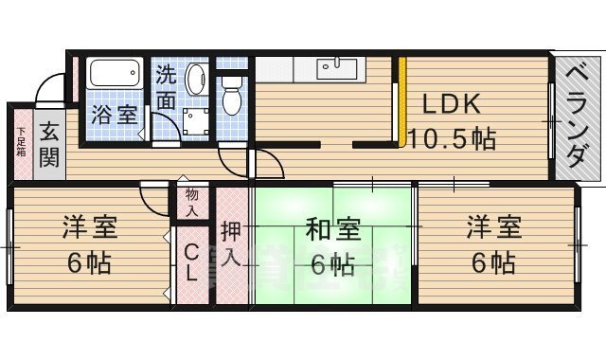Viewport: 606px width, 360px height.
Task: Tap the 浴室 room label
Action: (114, 116)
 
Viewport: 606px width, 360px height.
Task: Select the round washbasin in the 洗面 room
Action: (196, 79)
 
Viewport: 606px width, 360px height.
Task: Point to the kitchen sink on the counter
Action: (336, 68)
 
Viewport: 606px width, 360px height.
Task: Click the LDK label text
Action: (453, 103)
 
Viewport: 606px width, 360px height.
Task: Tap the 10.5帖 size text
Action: (452, 138)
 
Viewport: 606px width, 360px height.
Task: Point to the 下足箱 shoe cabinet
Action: (21, 142)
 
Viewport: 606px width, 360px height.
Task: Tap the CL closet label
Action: (191, 261)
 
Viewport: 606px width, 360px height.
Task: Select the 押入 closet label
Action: (231, 245)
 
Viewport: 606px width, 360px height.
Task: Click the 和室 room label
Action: (331, 229)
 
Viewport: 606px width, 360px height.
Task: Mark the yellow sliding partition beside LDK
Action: (402, 104)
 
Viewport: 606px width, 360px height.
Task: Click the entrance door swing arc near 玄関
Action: (45, 95)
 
